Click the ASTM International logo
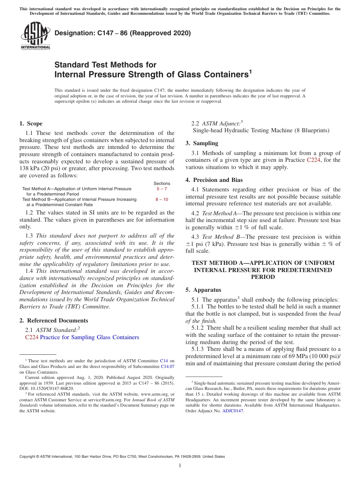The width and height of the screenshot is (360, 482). (35, 36)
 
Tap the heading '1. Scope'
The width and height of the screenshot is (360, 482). (31, 124)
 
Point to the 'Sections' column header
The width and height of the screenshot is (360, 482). (162, 183)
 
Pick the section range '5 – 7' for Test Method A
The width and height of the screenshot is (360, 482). (162, 189)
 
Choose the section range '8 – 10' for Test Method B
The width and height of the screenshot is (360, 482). (162, 199)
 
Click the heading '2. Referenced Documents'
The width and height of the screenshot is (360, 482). (53, 321)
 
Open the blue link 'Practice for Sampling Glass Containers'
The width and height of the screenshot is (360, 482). (89, 337)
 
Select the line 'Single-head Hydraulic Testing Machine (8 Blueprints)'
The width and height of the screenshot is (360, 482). (261, 130)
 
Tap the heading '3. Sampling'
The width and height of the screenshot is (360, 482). (202, 143)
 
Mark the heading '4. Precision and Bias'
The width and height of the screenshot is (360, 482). (214, 180)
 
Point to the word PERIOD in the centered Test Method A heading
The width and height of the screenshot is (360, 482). (263, 277)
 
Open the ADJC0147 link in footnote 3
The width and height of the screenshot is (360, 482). (233, 411)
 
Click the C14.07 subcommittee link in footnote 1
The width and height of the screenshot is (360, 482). (167, 367)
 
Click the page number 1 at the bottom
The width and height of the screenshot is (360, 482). (180, 466)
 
